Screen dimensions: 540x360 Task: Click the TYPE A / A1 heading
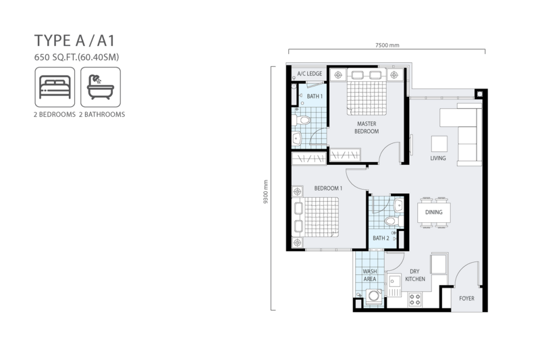[x=74, y=41]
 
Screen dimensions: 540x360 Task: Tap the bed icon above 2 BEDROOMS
[x=55, y=87]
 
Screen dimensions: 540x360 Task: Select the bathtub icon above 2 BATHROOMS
[x=101, y=87]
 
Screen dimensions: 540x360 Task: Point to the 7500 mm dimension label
[x=387, y=45]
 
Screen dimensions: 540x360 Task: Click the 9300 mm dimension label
[x=265, y=192]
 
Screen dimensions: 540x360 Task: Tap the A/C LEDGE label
[x=310, y=74]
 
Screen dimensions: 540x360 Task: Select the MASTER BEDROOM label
[x=367, y=128]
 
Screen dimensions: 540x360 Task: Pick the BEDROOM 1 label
[x=328, y=188]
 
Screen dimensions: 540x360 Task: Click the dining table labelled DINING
[x=433, y=212]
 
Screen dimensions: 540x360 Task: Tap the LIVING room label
[x=437, y=158]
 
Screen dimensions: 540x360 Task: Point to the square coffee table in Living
[x=439, y=144]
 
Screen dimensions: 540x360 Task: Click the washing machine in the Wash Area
[x=374, y=297]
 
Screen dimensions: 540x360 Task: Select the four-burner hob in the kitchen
[x=415, y=299]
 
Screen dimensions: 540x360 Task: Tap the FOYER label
[x=466, y=299]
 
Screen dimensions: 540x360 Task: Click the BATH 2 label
[x=381, y=238]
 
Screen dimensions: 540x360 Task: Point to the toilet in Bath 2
[x=394, y=221]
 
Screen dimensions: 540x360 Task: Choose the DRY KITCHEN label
[x=415, y=276]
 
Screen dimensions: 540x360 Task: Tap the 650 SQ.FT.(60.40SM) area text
[x=76, y=57]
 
